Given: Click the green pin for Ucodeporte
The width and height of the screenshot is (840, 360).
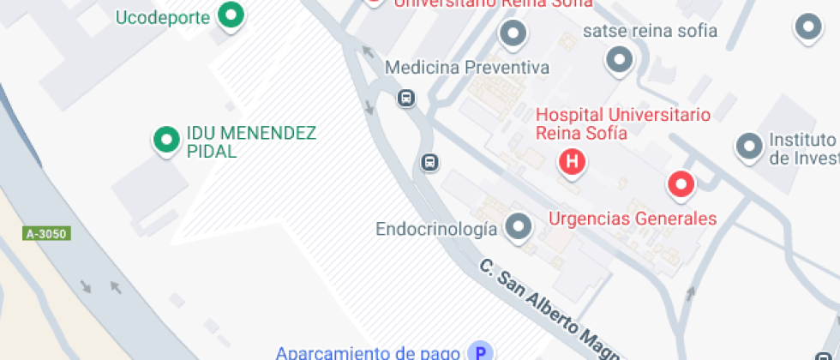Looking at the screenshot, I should click(230, 15).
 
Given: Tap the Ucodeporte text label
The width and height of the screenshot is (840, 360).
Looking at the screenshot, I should click(163, 17).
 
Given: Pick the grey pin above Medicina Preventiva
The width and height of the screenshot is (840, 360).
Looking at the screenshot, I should click(513, 34).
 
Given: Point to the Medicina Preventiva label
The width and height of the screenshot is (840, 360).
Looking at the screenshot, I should click(466, 68).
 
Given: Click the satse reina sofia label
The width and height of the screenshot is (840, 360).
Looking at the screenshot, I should click(650, 32).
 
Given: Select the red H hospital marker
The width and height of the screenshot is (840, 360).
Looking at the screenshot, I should click(572, 160).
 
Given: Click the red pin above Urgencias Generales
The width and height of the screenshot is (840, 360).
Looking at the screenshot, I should click(681, 183).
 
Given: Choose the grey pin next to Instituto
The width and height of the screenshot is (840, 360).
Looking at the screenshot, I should click(749, 146).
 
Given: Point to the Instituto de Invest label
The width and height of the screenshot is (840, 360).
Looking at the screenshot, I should click(803, 148).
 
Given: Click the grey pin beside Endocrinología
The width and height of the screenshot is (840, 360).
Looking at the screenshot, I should click(517, 227).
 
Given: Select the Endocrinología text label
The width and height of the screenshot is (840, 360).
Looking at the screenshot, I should click(436, 229).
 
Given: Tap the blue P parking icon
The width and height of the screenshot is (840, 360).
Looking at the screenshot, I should click(481, 351).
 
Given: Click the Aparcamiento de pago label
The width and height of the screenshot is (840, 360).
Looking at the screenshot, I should click(369, 352).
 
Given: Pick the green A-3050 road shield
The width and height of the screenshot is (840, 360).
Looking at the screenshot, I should click(46, 233).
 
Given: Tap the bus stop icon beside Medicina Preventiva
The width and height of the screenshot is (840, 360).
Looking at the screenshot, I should click(406, 98).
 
